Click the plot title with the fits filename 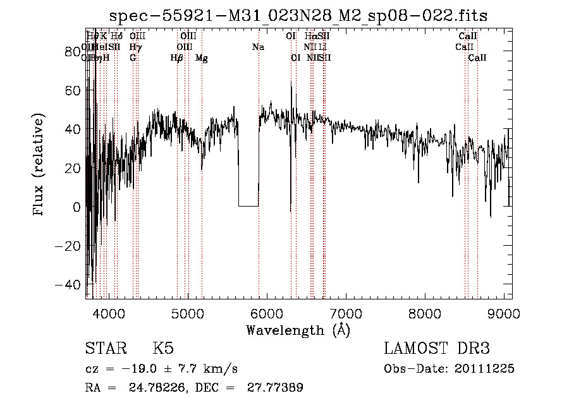point(298,16)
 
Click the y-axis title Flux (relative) point(39,166)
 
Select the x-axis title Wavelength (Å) point(298,330)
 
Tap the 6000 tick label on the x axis point(267,313)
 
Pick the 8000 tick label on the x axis point(425,313)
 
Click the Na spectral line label point(258,47)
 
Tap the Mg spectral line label point(201,58)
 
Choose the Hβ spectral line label point(177,58)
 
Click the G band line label point(133,58)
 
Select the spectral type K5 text point(163,349)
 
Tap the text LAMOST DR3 point(437,349)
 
